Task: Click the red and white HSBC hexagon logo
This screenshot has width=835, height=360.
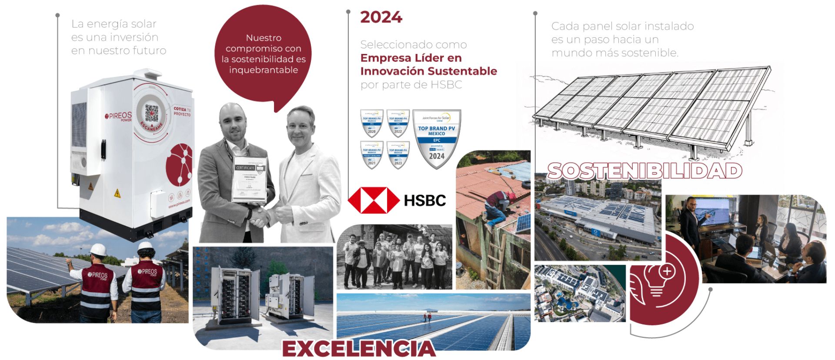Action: [x=374, y=200]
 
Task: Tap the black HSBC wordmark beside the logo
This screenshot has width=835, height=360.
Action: [x=425, y=200]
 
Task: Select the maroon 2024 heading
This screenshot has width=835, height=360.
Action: [x=381, y=17]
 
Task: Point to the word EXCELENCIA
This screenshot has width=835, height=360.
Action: [x=359, y=348]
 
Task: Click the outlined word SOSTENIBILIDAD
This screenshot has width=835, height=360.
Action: [x=645, y=171]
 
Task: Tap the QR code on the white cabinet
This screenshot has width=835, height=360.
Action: [x=152, y=113]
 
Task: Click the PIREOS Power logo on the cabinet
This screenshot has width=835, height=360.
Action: [x=118, y=117]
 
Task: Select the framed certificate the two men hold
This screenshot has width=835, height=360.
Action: [x=249, y=179]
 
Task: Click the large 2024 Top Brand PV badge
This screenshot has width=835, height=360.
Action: [x=437, y=138]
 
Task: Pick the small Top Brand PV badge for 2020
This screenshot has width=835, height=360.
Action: [x=372, y=123]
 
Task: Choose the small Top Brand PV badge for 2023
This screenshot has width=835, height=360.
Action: [x=398, y=154]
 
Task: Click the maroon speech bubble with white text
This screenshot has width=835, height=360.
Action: [x=263, y=54]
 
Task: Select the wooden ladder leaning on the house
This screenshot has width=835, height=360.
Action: [x=496, y=257]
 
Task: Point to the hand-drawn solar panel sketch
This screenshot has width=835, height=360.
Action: [x=652, y=111]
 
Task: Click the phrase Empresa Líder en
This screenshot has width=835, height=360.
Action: [x=411, y=58]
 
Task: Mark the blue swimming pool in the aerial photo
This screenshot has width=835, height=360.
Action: [x=565, y=301]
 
